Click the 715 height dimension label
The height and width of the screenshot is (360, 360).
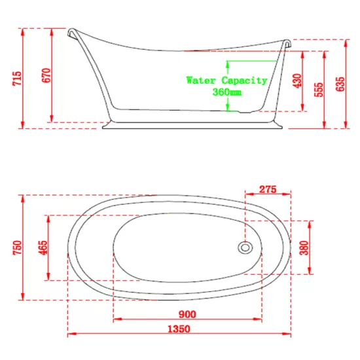coord(17,79)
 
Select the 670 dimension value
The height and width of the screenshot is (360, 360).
coord(46,75)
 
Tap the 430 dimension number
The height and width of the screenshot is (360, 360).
coord(297,81)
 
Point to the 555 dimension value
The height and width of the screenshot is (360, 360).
coord(319,90)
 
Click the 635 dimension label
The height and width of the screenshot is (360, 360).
coord(340,84)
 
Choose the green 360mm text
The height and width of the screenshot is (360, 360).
coord(227,92)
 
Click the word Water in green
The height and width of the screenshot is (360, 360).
coord(201,81)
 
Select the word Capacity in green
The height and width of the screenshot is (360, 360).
coord(245,81)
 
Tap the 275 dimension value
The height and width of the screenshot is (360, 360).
coord(268,189)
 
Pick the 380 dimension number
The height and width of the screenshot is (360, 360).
coord(304,247)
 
